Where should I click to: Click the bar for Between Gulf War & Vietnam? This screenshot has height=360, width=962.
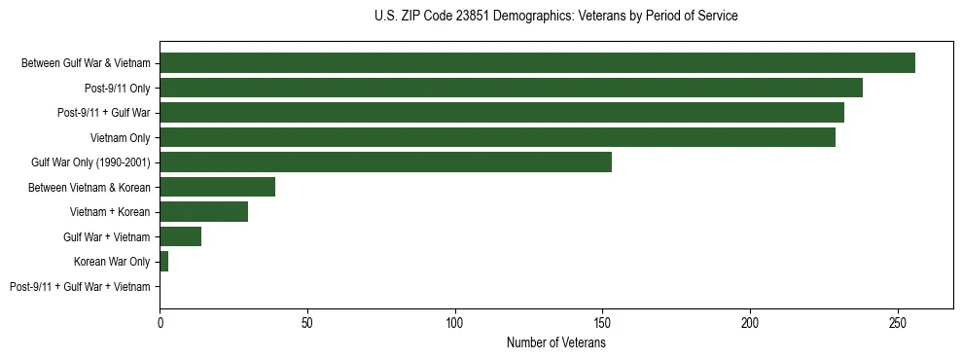coord(537,63)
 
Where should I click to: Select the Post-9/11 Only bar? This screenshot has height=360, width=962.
coord(511,88)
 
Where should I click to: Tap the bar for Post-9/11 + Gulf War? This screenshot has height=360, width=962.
coord(502,113)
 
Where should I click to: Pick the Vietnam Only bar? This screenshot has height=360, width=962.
coord(497,137)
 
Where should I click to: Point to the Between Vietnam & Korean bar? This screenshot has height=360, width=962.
coord(217,187)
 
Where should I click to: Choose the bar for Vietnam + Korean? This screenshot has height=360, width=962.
coord(203,212)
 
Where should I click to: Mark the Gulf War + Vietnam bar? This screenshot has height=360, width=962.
coord(180,236)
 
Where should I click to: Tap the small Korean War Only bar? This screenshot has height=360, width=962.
coord(163,262)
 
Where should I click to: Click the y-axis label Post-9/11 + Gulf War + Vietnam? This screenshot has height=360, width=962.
coord(80,287)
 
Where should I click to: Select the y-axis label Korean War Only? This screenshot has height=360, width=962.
coord(112,262)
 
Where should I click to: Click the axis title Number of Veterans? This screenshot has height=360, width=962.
coord(556,342)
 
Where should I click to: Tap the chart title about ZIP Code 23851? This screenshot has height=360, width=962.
coord(555,17)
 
